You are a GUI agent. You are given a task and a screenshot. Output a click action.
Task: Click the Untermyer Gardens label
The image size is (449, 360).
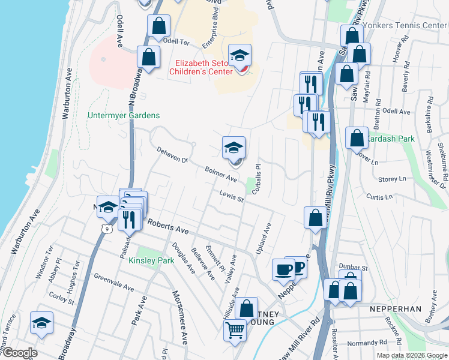[x=123, y=115]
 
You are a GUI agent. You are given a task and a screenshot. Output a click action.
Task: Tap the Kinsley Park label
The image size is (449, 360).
[x=151, y=260]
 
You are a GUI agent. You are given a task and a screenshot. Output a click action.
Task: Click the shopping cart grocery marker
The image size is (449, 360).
[x=235, y=329]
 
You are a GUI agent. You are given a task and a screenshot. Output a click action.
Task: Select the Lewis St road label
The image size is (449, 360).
[x=231, y=196]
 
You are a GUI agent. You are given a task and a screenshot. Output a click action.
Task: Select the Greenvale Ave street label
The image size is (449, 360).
[x=113, y=284]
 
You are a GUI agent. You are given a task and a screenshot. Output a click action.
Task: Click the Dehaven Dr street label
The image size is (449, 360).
[x=172, y=155]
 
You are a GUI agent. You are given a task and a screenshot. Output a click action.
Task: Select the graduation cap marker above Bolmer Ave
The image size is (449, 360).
[x=234, y=147]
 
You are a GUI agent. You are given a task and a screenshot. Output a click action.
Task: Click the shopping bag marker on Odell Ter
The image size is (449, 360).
[x=159, y=26]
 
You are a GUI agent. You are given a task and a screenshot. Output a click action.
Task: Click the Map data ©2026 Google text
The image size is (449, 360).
[x=411, y=355]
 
